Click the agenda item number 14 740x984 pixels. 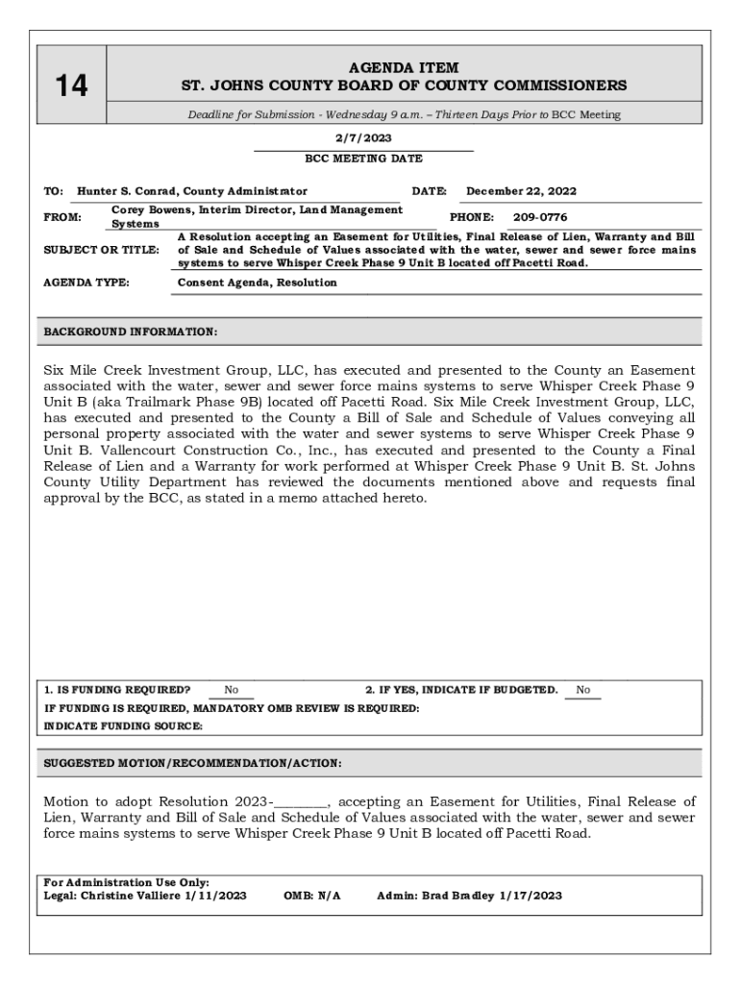click(71, 86)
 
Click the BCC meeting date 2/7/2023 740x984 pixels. click(363, 138)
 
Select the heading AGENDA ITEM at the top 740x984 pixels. click(404, 68)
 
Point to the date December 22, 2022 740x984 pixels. click(521, 191)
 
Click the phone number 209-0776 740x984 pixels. click(539, 217)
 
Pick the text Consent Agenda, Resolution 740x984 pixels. click(258, 283)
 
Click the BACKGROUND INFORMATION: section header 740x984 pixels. click(131, 332)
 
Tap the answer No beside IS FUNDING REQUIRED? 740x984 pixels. click(232, 690)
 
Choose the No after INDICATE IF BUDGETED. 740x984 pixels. click(583, 690)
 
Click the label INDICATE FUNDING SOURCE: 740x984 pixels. click(123, 726)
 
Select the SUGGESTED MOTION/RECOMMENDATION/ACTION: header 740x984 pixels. click(192, 764)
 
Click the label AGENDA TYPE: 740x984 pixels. click(86, 283)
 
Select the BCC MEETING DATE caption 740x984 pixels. click(363, 159)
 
